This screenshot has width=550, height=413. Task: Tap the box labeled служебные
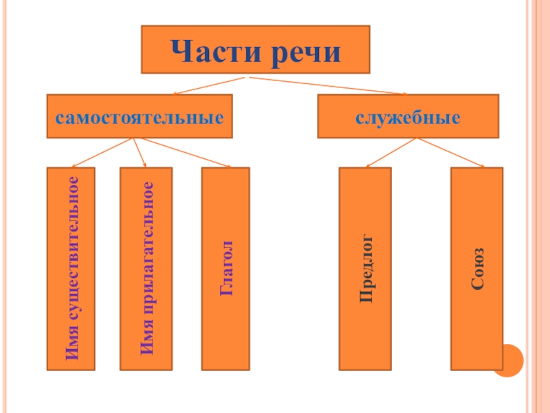click(408, 116)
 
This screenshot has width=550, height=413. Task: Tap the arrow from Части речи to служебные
click(330, 86)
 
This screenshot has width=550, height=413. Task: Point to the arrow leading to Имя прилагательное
click(140, 152)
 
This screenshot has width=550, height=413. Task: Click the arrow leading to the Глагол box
click(182, 152)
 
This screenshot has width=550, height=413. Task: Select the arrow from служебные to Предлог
click(390, 152)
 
